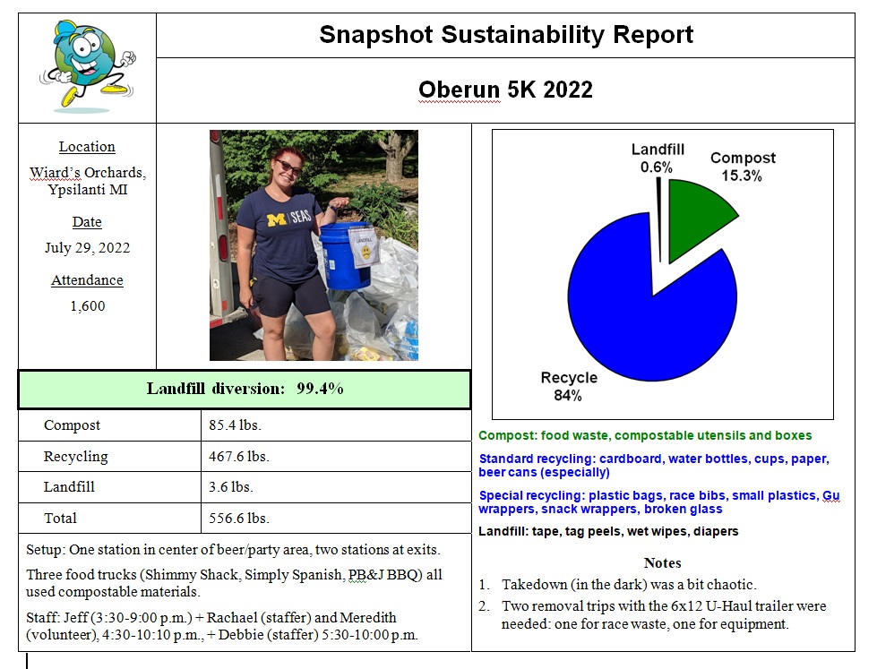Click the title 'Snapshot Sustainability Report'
pos(506,35)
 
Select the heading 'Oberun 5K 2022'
pos(505,90)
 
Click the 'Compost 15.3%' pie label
pos(743,167)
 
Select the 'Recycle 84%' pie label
pos(569,386)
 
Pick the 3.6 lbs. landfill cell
pos(229,487)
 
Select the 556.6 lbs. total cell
pos(238,518)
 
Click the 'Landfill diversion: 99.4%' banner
pos(245,389)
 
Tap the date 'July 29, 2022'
pos(87,248)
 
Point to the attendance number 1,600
pos(87,305)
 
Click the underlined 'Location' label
pos(87,147)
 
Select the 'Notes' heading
pos(662,562)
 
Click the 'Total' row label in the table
pos(60,518)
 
